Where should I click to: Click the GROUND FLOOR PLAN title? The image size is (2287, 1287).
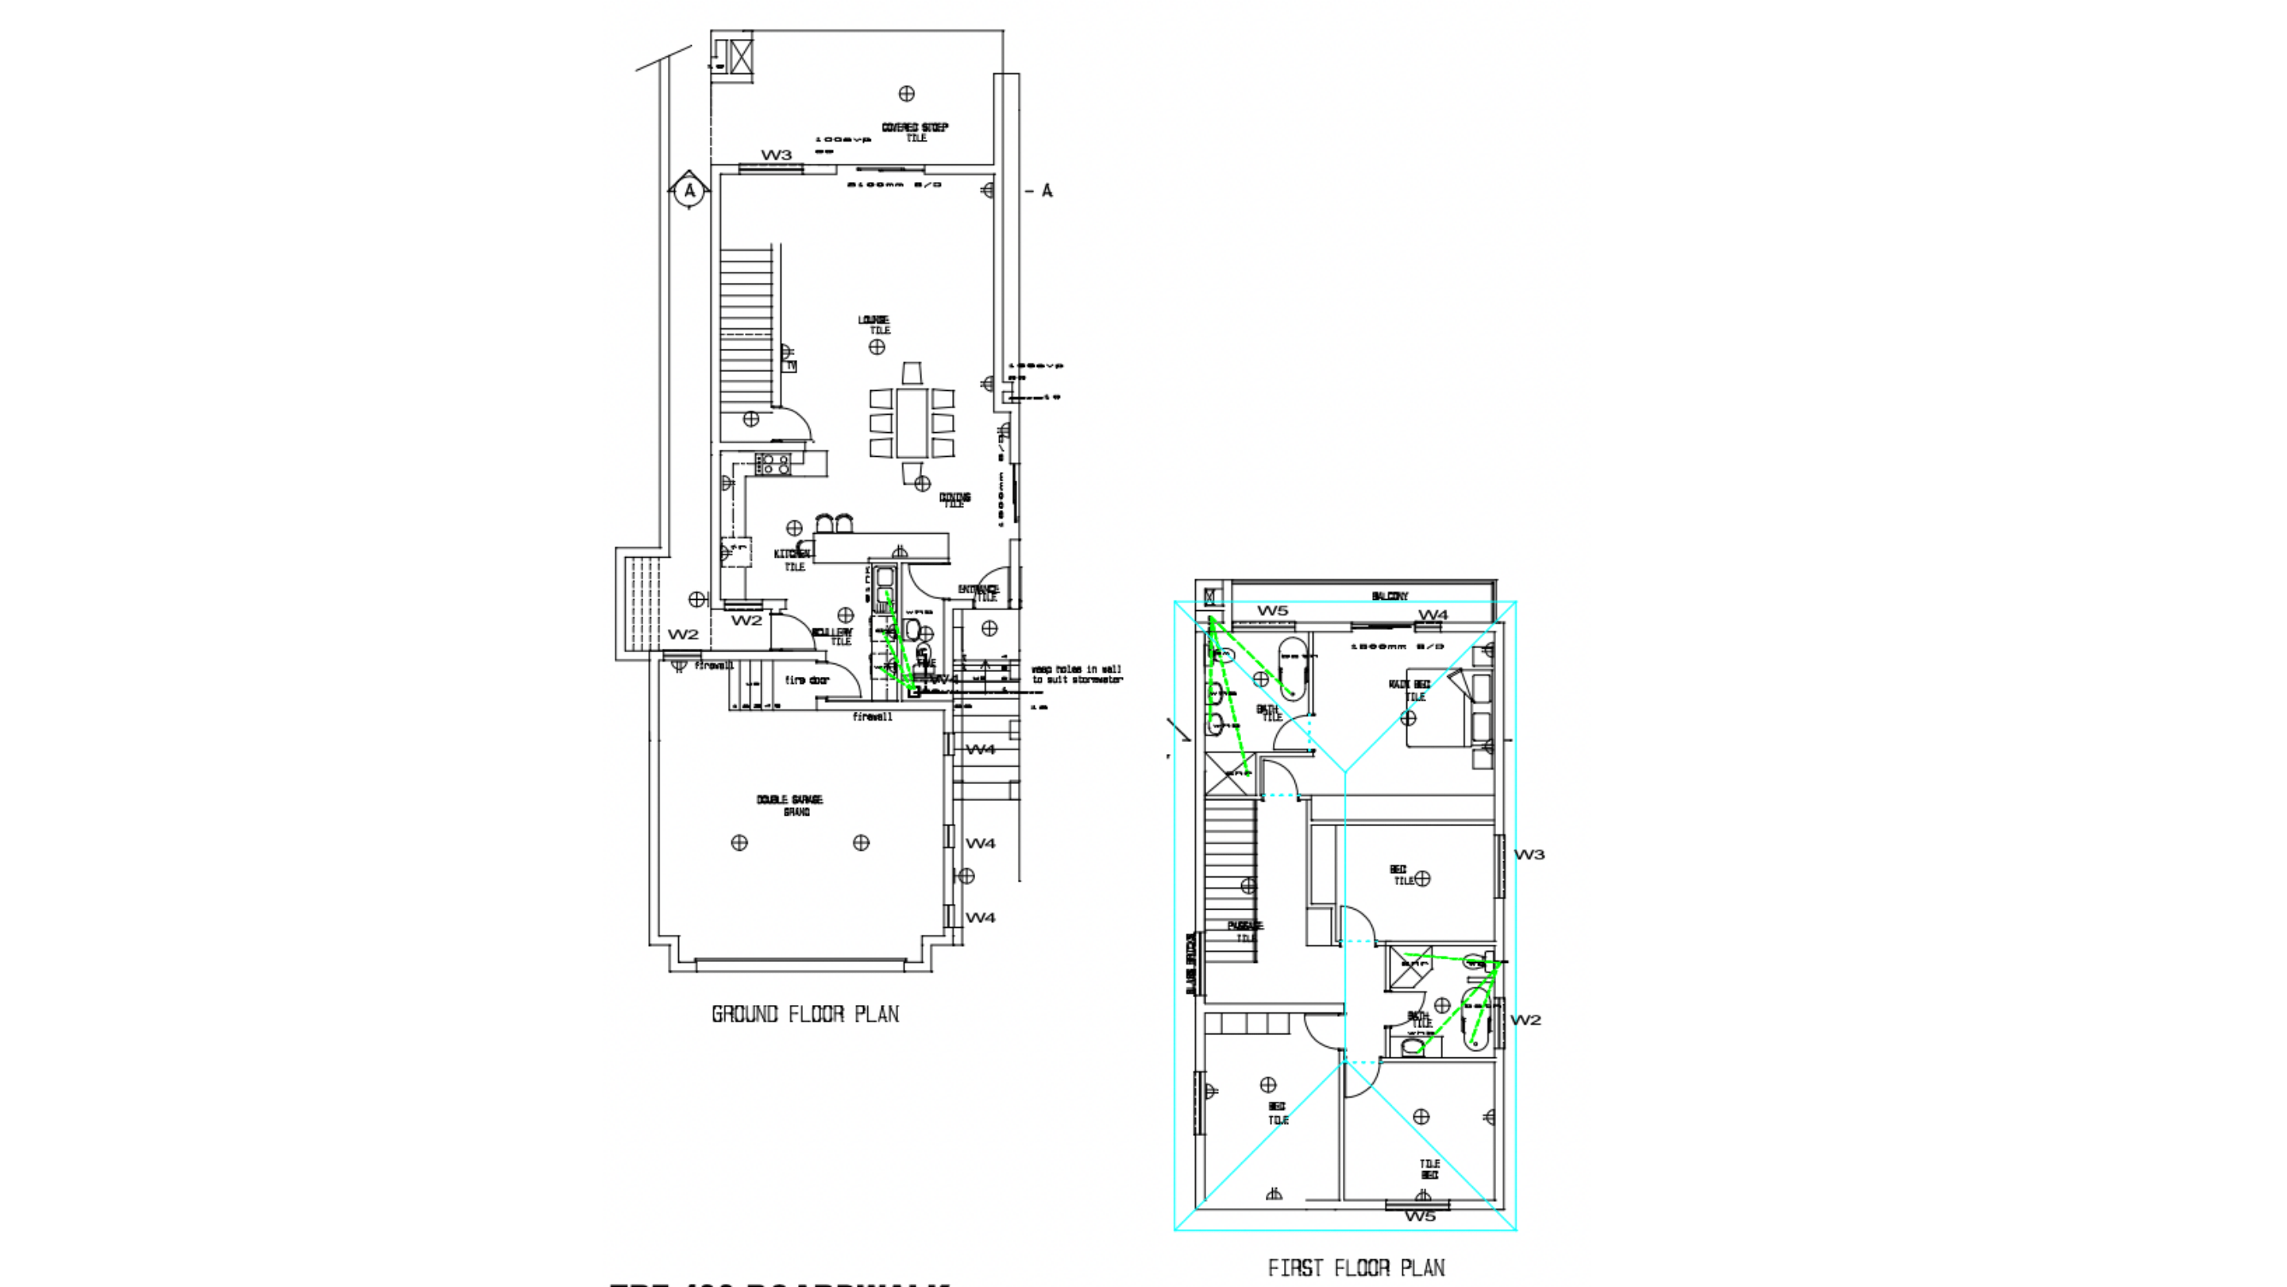[x=804, y=1015]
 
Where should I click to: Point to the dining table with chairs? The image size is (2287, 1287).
[x=912, y=423]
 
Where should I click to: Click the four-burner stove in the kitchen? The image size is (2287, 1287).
[x=773, y=464]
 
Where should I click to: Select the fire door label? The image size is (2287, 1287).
[x=806, y=680]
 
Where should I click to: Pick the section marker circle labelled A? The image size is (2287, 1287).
[x=689, y=190]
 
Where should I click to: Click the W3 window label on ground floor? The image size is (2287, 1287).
[x=775, y=155]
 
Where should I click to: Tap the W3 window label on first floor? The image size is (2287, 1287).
[x=1529, y=855]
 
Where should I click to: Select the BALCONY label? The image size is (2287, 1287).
[x=1390, y=596]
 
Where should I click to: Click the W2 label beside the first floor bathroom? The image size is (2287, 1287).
[x=1525, y=1019]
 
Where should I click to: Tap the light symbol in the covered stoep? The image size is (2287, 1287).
[x=906, y=93]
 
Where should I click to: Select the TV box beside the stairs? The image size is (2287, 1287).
[x=790, y=365]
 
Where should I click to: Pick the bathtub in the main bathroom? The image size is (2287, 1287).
[x=1293, y=667]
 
